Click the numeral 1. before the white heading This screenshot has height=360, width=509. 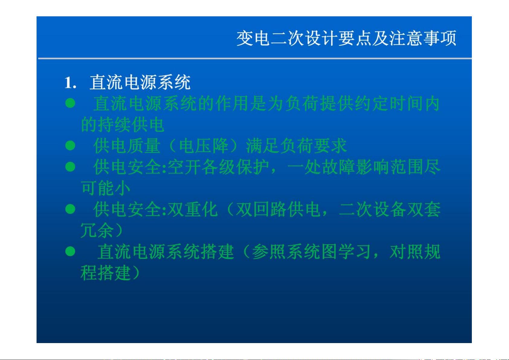click(70, 83)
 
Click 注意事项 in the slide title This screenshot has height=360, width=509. click(423, 38)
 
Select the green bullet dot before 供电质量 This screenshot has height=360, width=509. click(70, 146)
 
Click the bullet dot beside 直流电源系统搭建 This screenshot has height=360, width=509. click(70, 251)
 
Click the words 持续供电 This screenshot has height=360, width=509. click(131, 125)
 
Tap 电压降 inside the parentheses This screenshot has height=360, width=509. click(204, 146)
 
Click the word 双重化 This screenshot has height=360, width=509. click(192, 209)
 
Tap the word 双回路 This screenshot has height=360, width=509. click(261, 209)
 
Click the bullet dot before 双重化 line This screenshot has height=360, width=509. click(70, 209)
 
